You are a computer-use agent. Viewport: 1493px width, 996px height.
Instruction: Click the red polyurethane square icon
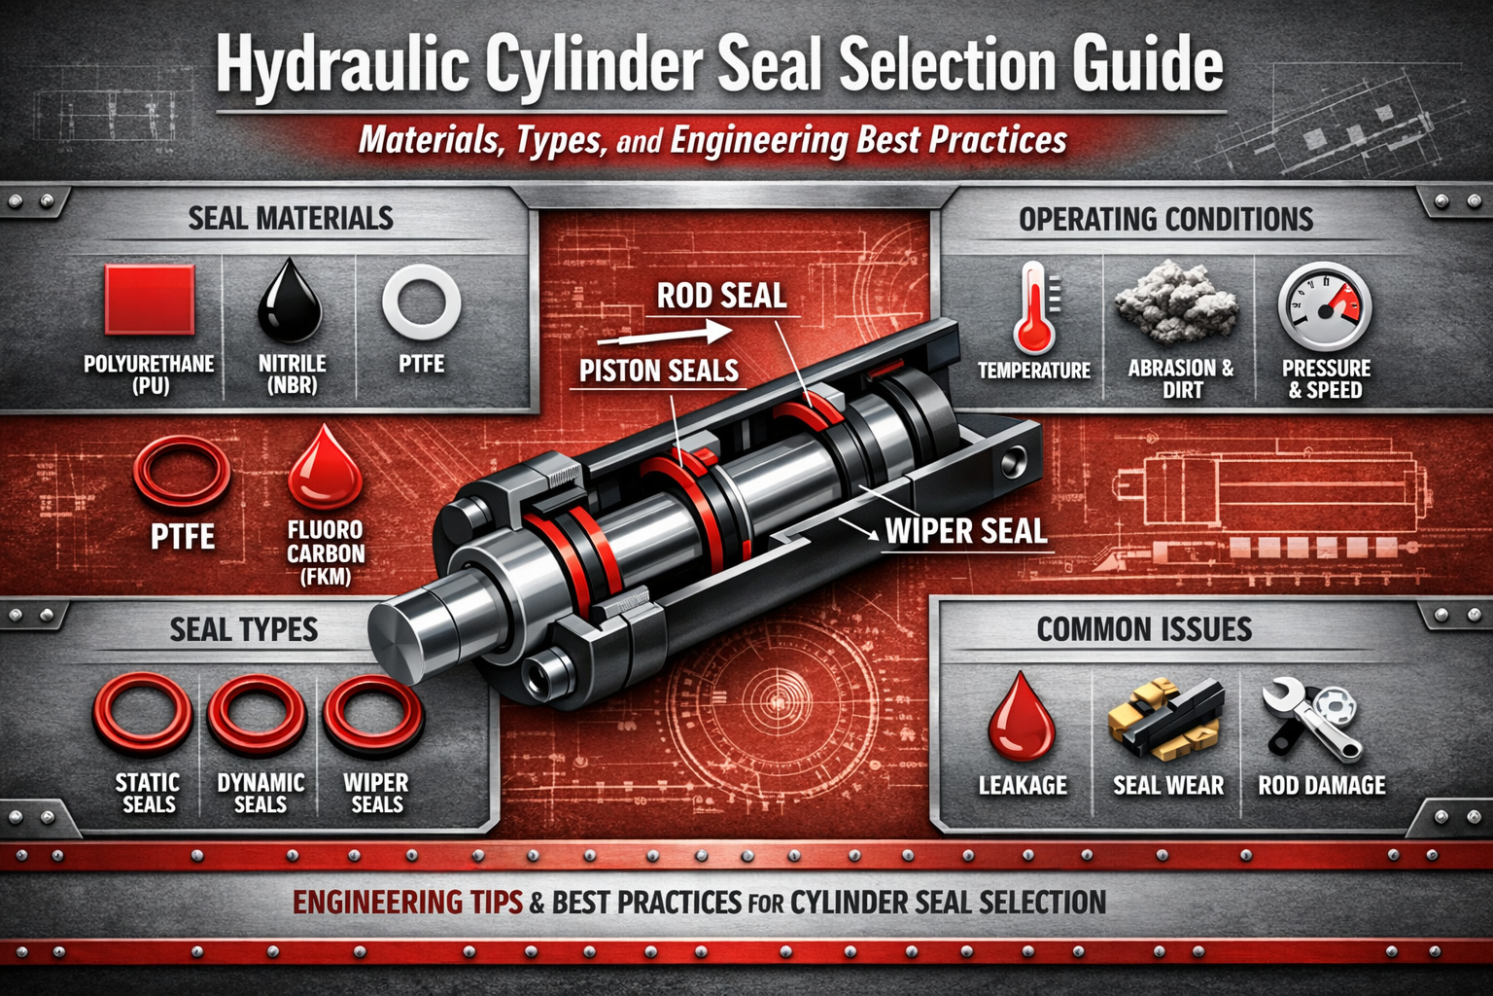149,301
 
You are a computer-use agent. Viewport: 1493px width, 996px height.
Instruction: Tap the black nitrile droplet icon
290,301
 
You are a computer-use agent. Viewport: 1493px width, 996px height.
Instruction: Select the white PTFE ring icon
421,301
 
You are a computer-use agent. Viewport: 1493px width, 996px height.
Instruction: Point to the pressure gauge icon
1324,308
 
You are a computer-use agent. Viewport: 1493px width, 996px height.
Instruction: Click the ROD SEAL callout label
721,296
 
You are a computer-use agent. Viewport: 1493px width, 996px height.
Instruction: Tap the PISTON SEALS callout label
659,371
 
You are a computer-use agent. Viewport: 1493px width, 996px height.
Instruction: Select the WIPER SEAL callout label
965,531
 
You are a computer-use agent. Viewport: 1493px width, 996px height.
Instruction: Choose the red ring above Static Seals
143,718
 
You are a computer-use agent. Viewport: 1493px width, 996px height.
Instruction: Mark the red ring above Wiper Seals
374,716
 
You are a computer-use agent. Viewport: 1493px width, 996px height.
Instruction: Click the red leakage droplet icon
1022,718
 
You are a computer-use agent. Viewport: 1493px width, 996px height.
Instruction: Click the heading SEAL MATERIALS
291,219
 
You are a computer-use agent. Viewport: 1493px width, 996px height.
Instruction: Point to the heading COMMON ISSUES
1144,629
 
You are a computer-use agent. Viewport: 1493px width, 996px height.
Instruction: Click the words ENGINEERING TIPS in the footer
408,903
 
